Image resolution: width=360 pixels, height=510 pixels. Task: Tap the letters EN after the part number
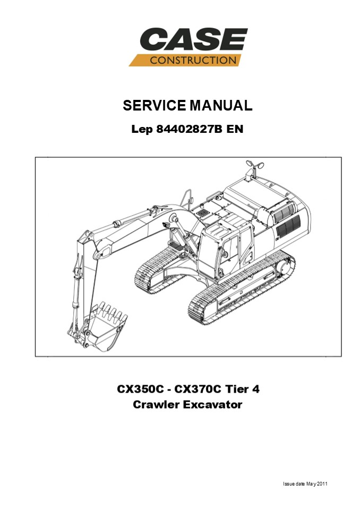tap(235, 130)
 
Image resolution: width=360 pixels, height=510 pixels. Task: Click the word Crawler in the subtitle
tap(157, 405)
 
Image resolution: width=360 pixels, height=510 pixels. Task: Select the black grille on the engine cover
tap(287, 225)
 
